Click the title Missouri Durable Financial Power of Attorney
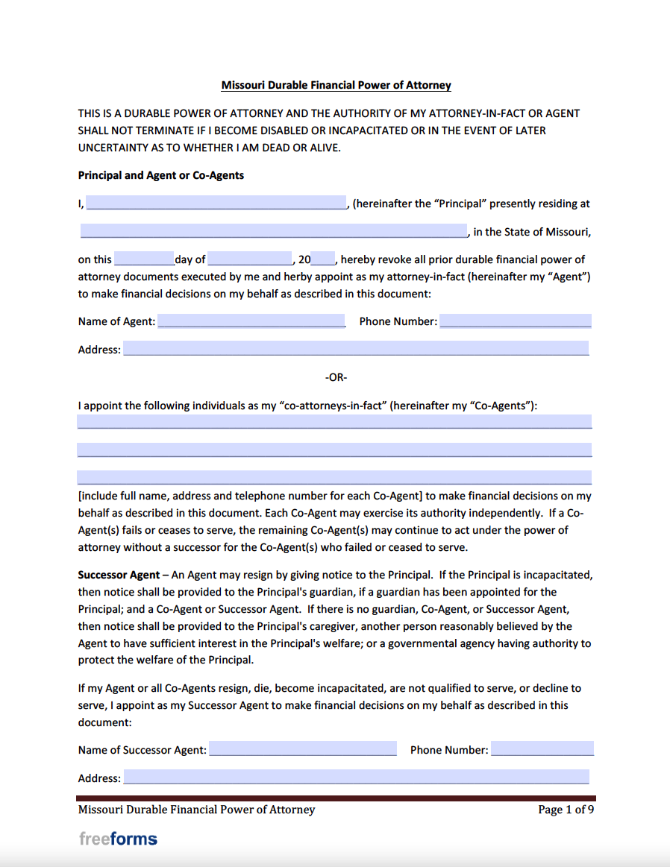(x=336, y=86)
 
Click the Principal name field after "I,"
(x=216, y=203)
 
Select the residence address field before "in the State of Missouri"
(x=274, y=231)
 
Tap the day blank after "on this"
(x=144, y=259)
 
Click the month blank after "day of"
(x=251, y=259)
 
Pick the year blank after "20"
(x=324, y=259)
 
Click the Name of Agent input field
(x=251, y=321)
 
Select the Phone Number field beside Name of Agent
(x=516, y=321)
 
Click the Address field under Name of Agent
(x=356, y=349)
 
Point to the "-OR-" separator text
(x=336, y=377)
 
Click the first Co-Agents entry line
(x=334, y=421)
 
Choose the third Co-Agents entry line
(x=334, y=477)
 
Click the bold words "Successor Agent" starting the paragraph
(x=119, y=576)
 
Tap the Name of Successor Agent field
(x=303, y=749)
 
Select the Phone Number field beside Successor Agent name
(x=542, y=749)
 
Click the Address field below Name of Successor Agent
(x=356, y=778)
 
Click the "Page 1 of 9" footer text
(x=566, y=810)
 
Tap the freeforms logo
(x=118, y=839)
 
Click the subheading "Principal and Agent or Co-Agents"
(x=161, y=176)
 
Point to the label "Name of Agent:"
(x=116, y=321)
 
